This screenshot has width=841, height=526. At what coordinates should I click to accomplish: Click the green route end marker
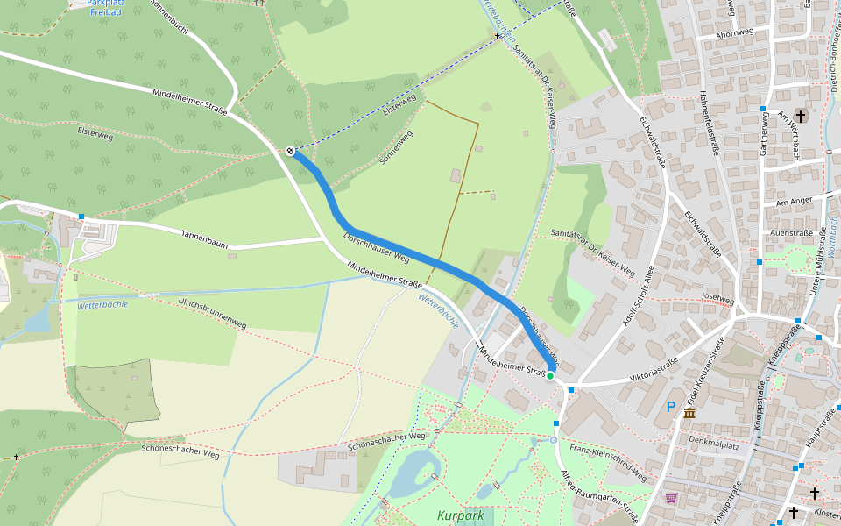[550, 376]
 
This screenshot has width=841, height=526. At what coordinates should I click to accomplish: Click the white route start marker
[290, 151]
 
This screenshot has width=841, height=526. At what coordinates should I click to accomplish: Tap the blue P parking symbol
[671, 407]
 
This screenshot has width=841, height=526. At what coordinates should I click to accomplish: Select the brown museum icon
[689, 413]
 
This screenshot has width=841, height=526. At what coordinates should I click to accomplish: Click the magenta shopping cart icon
[671, 498]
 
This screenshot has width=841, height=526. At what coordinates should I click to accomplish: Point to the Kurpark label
[460, 516]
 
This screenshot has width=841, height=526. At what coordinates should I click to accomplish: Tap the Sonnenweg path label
[396, 149]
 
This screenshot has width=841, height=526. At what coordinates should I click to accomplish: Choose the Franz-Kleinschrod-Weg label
[608, 462]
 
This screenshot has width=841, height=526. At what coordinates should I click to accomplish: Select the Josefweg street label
[717, 299]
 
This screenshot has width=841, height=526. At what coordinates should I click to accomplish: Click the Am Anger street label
[795, 203]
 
